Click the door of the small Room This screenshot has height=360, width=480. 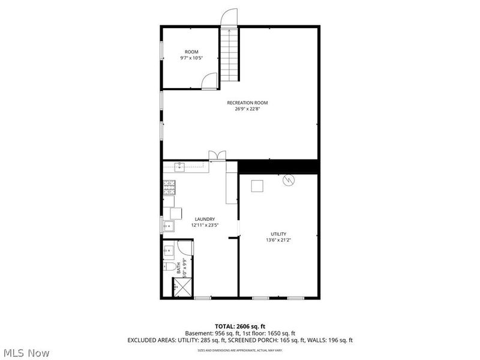point(209,81)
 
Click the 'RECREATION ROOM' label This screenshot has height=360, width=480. point(247,103)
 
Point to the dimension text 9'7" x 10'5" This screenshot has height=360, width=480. point(191,58)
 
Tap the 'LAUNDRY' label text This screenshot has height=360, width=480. point(205,219)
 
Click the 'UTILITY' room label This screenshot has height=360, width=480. point(278,234)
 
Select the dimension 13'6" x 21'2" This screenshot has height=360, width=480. point(278,240)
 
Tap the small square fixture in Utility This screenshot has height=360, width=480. point(257,185)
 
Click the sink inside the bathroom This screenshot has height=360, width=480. point(169,249)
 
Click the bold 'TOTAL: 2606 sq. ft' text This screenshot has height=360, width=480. point(239,326)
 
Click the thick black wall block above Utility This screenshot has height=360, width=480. point(278,166)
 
